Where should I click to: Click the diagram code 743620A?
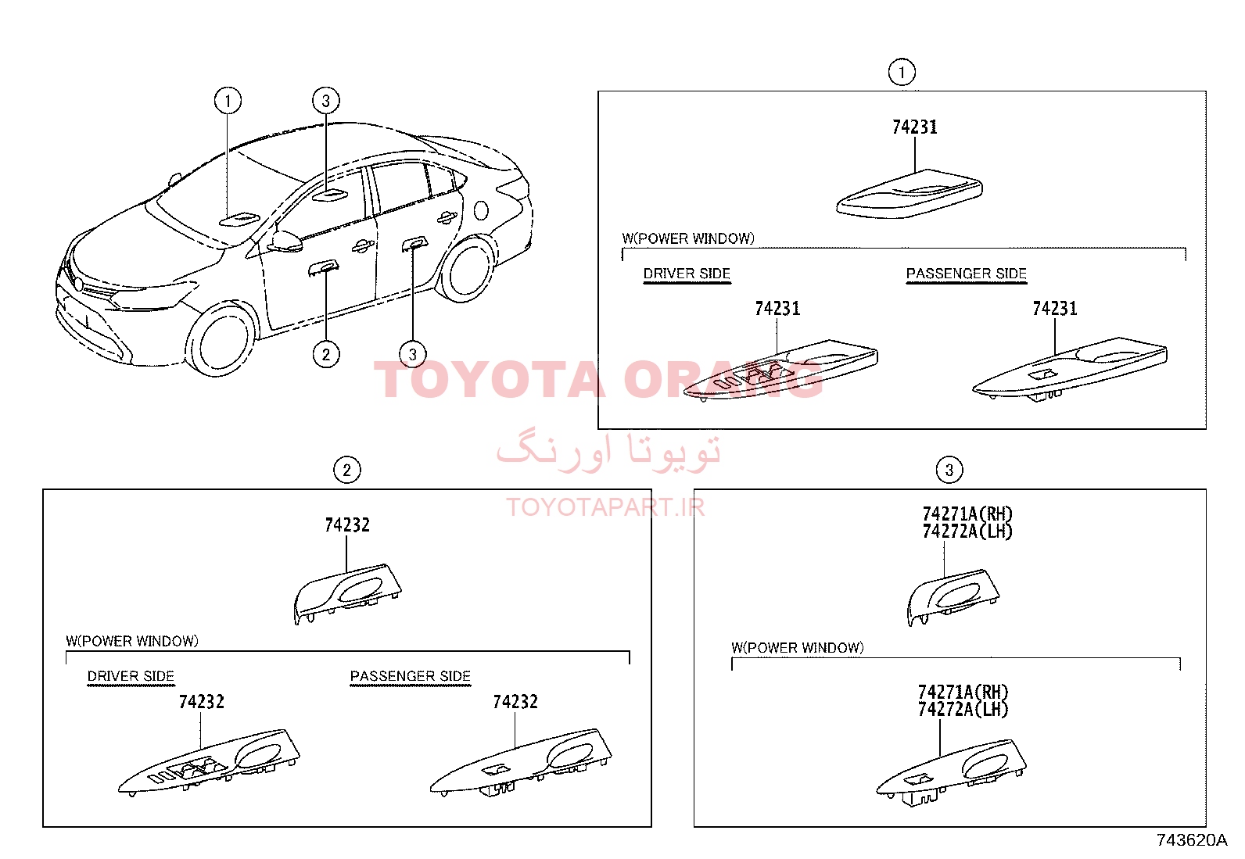pos(1191,840)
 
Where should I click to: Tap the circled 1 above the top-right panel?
pos(902,72)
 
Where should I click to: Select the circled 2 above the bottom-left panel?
pos(346,471)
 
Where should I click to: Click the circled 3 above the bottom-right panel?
pos(949,470)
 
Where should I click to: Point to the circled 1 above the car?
pos(228,101)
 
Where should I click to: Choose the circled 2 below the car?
pos(325,355)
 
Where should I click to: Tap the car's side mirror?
pos(285,242)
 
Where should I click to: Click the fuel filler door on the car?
pos(481,210)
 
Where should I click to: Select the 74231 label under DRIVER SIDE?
pos(777,309)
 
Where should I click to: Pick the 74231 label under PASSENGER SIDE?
pos(1055,309)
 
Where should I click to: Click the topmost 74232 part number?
pos(346,525)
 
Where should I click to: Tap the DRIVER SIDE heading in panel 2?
pos(131,676)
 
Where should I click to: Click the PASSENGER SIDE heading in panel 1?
pos(966,274)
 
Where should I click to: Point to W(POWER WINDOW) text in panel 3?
pos(798,648)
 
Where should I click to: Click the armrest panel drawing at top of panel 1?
pos(910,194)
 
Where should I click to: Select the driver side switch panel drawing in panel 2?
pos(209,762)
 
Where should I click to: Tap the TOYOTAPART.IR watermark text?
pos(605,507)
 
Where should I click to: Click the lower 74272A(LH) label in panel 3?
pos(963,710)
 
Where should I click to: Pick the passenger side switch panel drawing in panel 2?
pos(521,762)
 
